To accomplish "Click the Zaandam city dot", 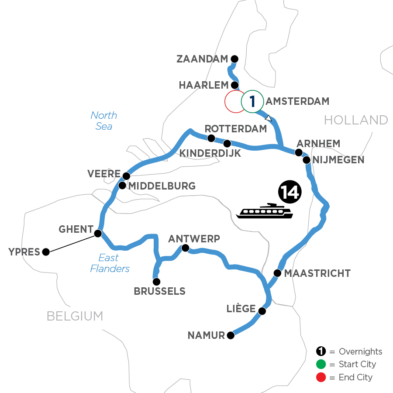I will [234, 59].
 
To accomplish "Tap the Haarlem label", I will [203, 85].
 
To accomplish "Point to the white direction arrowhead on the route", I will [269, 118].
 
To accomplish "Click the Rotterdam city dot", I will [211, 138].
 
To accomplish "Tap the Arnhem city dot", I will [299, 152].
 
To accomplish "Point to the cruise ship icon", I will [264, 211].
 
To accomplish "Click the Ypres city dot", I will [46, 252].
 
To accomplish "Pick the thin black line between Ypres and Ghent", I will [72, 243].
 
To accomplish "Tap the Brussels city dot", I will [156, 282].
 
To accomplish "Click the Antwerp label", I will [194, 238].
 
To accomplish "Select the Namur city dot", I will [231, 335].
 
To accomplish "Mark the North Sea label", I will [104, 121].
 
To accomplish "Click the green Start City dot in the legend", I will [321, 364].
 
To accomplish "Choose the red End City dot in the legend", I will [321, 377].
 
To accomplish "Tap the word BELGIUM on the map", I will [75, 316].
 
